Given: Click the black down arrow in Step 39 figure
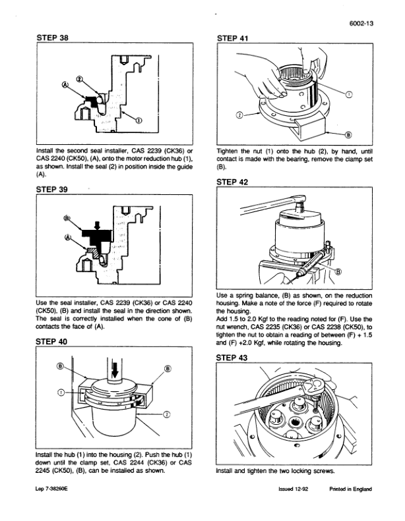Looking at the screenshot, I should coord(98,225).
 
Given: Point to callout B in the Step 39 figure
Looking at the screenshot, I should coord(67,218).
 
